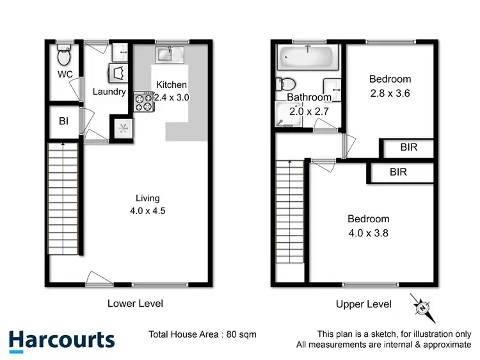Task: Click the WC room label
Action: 65,75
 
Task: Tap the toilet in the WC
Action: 63,57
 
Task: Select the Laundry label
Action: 109,92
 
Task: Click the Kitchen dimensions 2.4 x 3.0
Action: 172,97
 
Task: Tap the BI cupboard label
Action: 63,120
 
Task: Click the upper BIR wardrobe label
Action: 409,147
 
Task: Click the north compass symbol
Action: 422,308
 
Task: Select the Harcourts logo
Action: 62,340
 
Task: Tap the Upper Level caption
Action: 364,304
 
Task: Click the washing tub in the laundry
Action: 119,51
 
